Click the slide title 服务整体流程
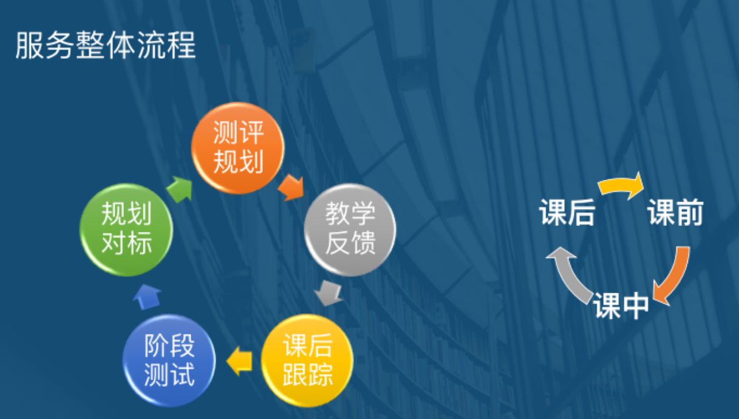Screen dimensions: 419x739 click(x=106, y=46)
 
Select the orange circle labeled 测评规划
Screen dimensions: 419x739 click(x=238, y=148)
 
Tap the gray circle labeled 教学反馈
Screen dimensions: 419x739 click(x=350, y=230)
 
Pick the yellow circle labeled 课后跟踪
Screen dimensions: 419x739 click(x=307, y=360)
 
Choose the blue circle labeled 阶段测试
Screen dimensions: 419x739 click(x=169, y=361)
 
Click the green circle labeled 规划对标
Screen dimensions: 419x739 click(x=126, y=230)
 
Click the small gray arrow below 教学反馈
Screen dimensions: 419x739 click(x=329, y=293)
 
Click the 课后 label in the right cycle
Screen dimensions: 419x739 click(x=567, y=213)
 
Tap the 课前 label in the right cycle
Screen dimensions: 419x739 click(x=675, y=213)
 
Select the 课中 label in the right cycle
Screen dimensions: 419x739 click(x=621, y=305)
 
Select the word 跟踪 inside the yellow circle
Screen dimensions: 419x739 click(x=307, y=374)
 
